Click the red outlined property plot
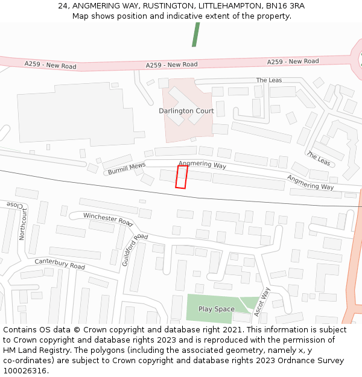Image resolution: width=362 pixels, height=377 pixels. click(x=181, y=177)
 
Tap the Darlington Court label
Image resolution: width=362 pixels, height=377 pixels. click(x=186, y=111)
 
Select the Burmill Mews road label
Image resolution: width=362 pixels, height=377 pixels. click(x=127, y=168)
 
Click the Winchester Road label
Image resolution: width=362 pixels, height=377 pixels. click(x=108, y=219)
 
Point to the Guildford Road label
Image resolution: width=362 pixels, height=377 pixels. click(x=135, y=250)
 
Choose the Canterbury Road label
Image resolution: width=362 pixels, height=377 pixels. click(x=60, y=264)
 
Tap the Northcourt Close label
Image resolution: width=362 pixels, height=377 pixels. click(x=23, y=221)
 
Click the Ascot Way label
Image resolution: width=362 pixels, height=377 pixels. click(x=262, y=302)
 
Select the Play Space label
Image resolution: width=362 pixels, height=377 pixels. click(x=216, y=309)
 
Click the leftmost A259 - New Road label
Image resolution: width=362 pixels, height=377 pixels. click(x=50, y=65)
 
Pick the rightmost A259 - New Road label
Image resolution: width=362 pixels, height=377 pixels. click(x=293, y=62)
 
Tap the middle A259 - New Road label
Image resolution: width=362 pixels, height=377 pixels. click(x=171, y=65)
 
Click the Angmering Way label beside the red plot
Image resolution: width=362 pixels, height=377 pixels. click(x=202, y=164)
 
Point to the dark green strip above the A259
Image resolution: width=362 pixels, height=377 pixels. click(x=195, y=34)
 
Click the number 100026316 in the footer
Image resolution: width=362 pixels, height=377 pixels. click(x=25, y=371)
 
